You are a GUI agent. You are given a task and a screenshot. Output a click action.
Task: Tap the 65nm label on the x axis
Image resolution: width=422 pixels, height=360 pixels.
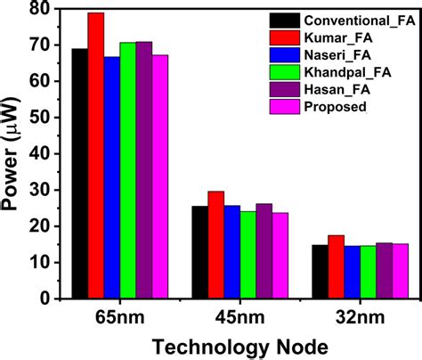[x=119, y=316]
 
